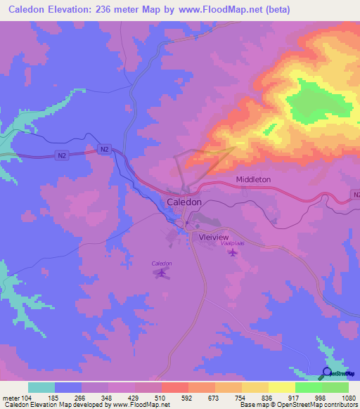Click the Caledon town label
[x=185, y=202]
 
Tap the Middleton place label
[x=253, y=180]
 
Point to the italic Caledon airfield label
[x=162, y=263]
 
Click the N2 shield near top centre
[x=105, y=149]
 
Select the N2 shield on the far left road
[x=62, y=155]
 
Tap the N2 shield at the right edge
[x=355, y=195]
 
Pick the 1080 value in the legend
[x=348, y=397]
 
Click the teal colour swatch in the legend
[x=41, y=387]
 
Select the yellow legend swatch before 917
[x=281, y=387]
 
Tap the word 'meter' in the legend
[x=11, y=397]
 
